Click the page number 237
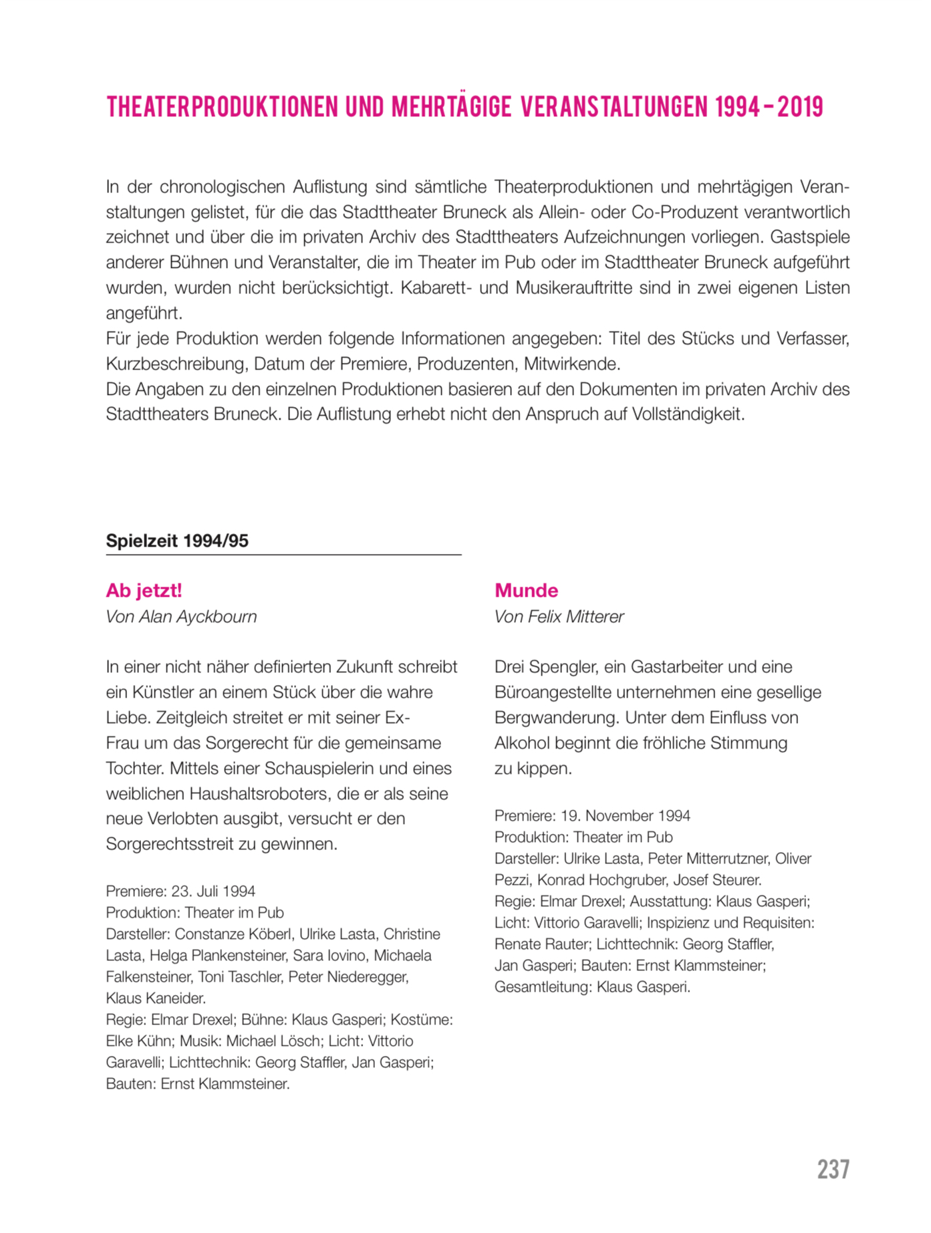[833, 1170]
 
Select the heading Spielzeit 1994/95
[177, 541]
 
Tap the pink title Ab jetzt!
[144, 590]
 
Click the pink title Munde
[526, 590]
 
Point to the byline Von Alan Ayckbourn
[181, 616]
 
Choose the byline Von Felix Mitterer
[559, 616]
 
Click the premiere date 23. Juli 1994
[213, 891]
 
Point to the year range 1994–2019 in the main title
[769, 107]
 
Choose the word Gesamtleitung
[542, 986]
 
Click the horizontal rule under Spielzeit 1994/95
[283, 555]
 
